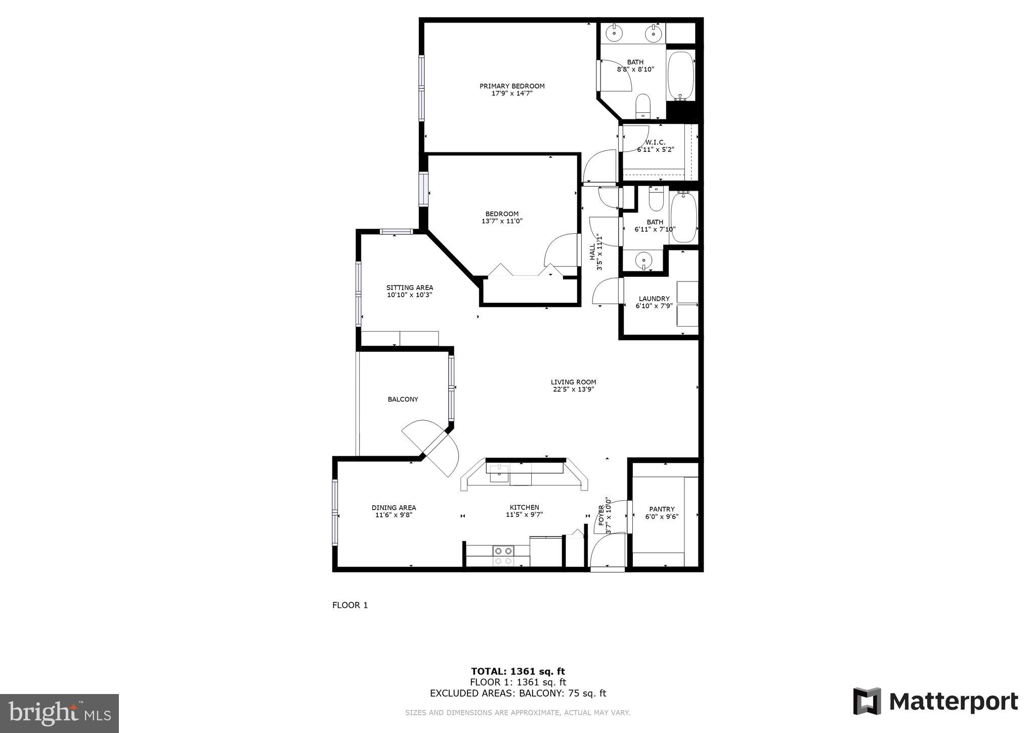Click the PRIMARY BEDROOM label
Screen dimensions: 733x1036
tap(512, 86)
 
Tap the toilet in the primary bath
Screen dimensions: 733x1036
tap(642, 106)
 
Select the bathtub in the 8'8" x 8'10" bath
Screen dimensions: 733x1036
tap(680, 75)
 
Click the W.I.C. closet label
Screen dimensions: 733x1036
tap(655, 142)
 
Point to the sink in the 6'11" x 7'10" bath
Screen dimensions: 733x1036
tap(643, 261)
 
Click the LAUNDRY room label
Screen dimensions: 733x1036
tap(654, 299)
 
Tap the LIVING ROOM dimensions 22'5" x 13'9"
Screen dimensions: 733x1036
tap(573, 389)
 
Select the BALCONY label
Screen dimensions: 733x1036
tap(403, 399)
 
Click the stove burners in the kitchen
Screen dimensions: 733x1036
tap(503, 555)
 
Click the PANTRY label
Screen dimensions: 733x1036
tap(662, 509)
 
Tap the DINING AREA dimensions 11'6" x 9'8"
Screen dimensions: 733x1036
tap(394, 515)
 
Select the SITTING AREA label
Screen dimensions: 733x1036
tap(409, 288)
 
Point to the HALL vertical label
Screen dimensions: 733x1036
tap(592, 252)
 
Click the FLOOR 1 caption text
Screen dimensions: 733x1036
tap(350, 605)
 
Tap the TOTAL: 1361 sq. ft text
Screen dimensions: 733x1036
tap(517, 671)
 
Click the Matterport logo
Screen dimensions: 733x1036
tap(935, 702)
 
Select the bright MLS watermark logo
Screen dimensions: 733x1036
tap(59, 714)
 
